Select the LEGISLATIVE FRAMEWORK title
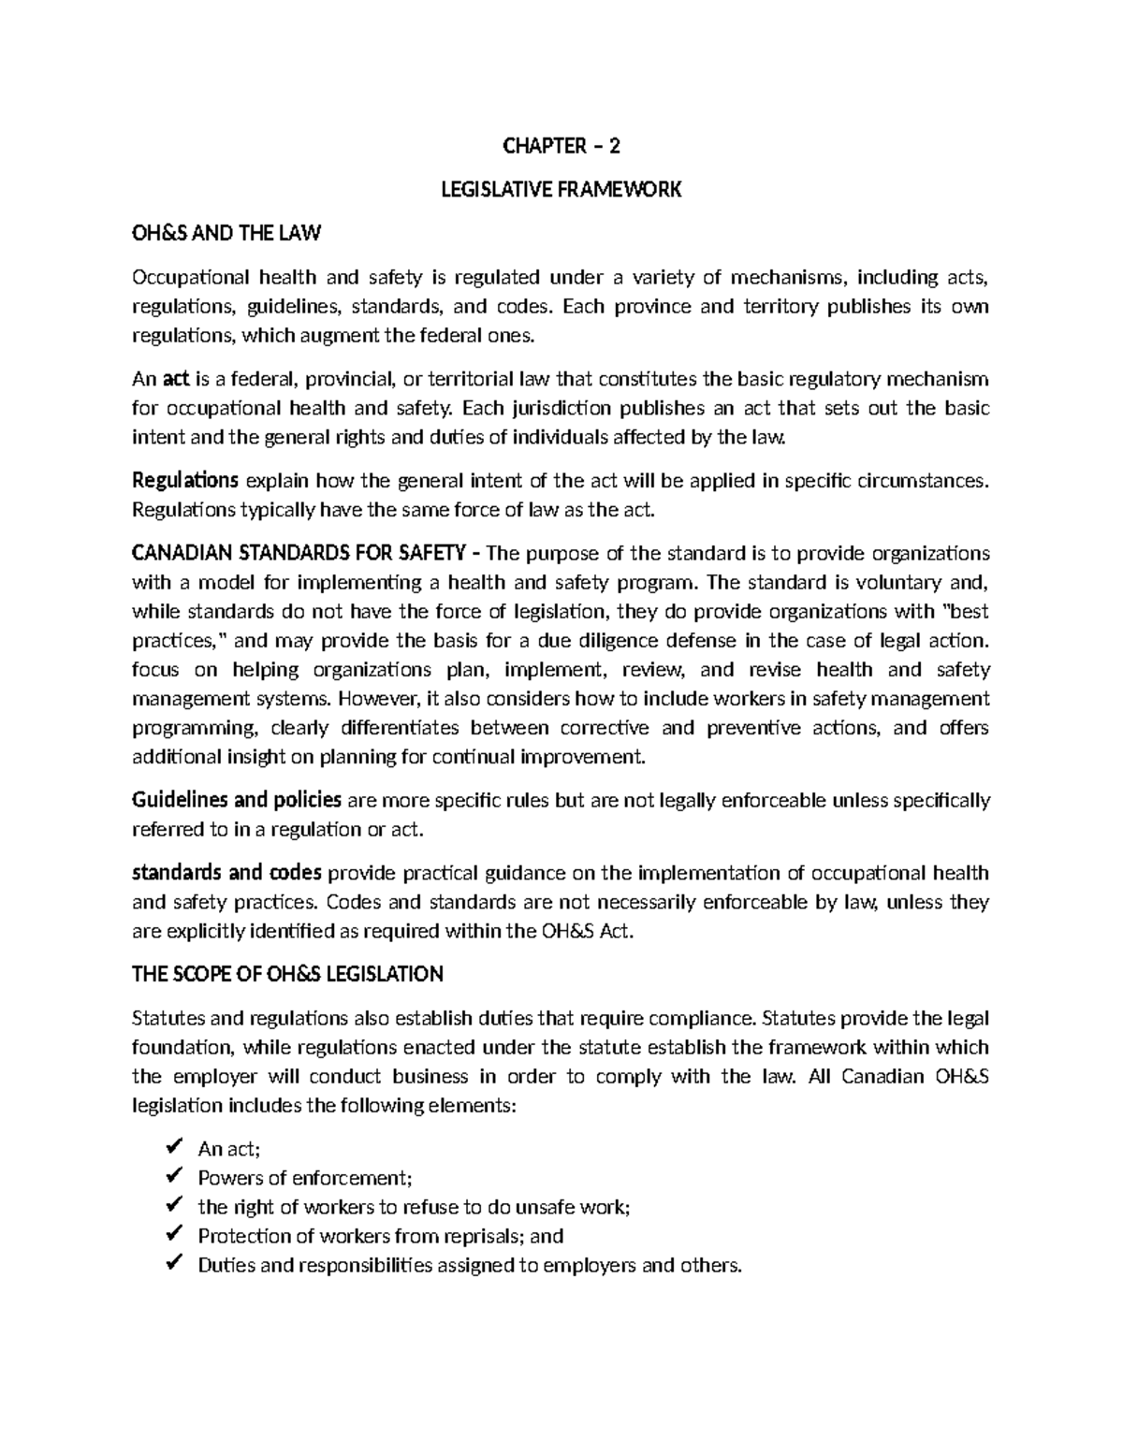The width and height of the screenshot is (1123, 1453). point(561,190)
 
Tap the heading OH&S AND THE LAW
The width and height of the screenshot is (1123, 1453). point(226,234)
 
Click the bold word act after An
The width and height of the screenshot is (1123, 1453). point(176,379)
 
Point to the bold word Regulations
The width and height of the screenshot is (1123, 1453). point(185,481)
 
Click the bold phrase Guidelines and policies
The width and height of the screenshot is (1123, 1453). point(236,800)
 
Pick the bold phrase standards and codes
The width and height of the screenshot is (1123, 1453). point(226,873)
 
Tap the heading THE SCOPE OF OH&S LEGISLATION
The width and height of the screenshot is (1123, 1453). point(287,975)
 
